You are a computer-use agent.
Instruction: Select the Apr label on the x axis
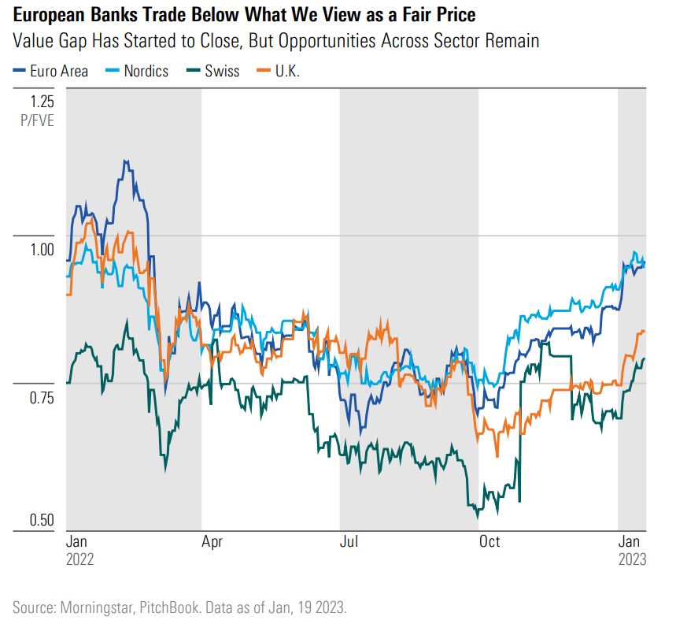pyautogui.click(x=211, y=543)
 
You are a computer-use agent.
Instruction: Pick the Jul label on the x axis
pyautogui.click(x=348, y=543)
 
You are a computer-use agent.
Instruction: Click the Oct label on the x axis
pyautogui.click(x=489, y=543)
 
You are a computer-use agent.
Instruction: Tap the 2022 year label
pyautogui.click(x=79, y=560)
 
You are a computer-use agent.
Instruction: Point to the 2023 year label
pyautogui.click(x=631, y=560)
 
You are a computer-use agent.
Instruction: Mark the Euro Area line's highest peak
pyautogui.click(x=125, y=161)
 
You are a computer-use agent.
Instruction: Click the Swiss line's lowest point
pyautogui.click(x=477, y=517)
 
